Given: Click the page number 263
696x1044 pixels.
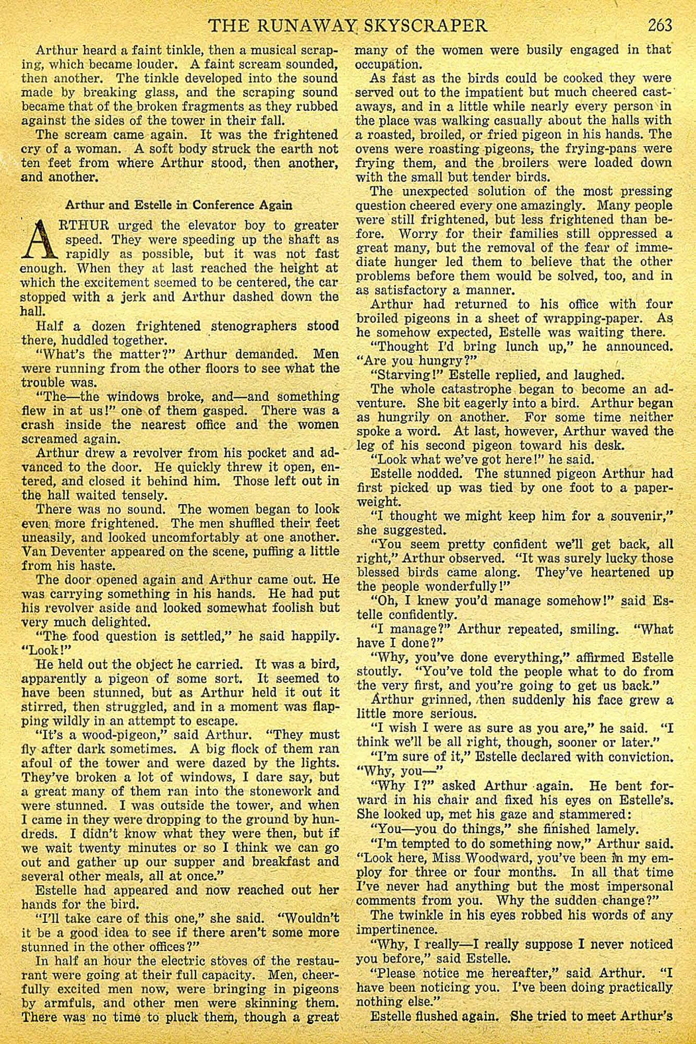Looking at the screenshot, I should [661, 25].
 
